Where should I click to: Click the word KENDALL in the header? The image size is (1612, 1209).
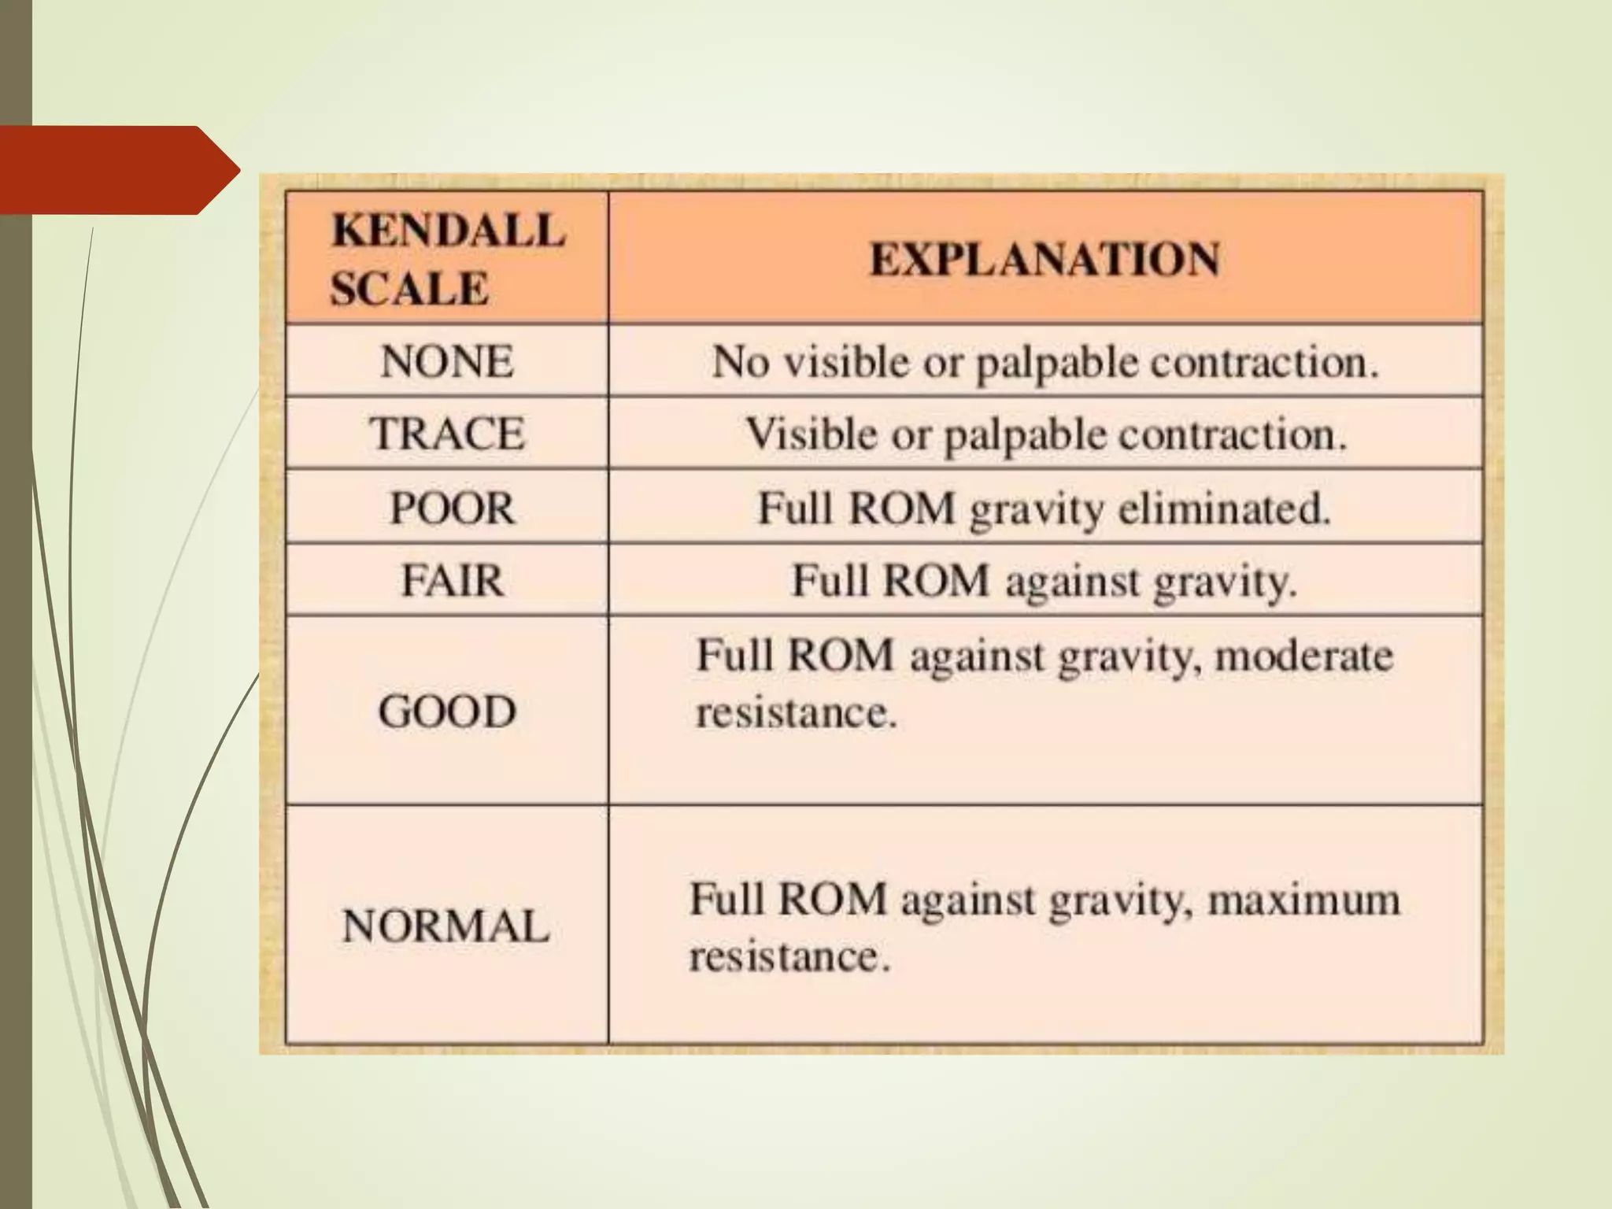click(448, 231)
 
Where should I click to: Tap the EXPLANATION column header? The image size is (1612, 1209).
click(1044, 259)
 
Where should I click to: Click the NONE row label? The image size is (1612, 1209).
click(447, 362)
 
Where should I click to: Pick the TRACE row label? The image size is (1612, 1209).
click(447, 434)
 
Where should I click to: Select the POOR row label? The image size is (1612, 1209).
click(452, 508)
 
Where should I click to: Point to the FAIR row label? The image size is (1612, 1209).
click(452, 581)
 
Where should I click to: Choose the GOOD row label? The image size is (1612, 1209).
click(447, 712)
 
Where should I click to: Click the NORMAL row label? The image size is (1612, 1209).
click(446, 926)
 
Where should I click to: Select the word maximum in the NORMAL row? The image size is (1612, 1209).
click(1303, 900)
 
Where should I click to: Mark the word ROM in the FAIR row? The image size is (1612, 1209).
click(935, 581)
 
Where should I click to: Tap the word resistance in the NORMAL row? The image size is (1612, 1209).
click(789, 957)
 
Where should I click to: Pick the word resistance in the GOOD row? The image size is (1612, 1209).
click(796, 713)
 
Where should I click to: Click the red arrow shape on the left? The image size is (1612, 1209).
click(118, 169)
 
